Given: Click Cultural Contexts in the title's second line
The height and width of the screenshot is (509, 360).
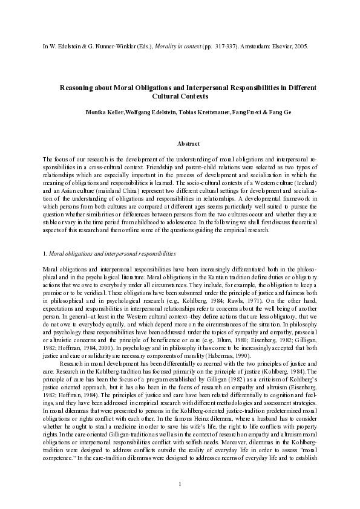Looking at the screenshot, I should click(179, 96).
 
